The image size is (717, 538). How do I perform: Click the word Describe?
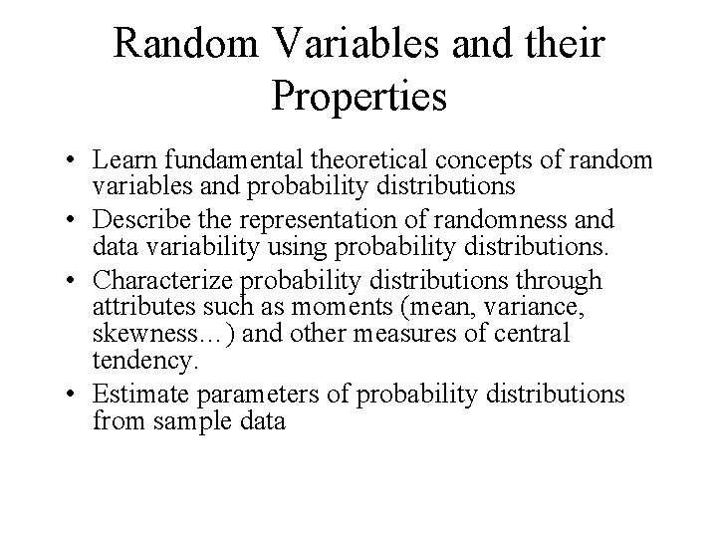pyautogui.click(x=139, y=219)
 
